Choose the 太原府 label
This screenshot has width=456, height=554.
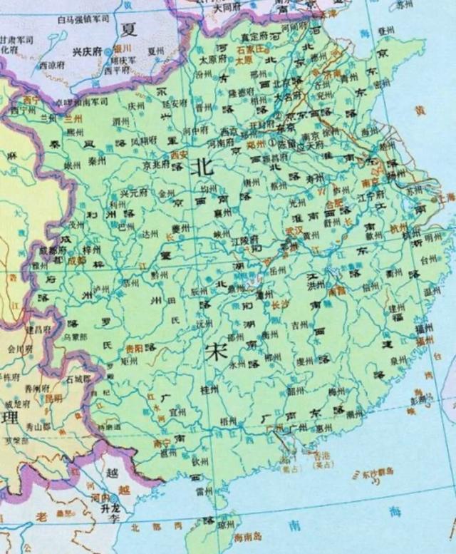coord(212,61)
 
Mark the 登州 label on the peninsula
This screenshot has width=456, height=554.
coord(385,31)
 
